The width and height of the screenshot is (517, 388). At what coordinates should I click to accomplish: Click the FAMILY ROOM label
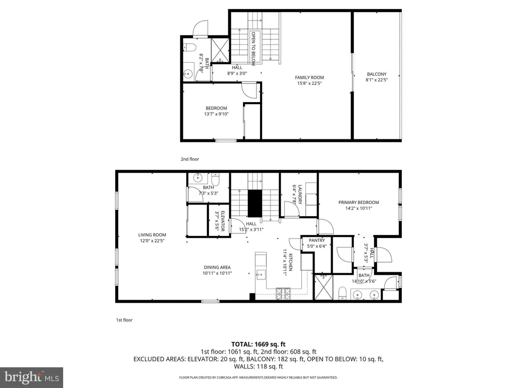click(x=309, y=77)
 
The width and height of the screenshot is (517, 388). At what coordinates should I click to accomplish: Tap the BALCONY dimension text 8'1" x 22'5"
click(x=377, y=80)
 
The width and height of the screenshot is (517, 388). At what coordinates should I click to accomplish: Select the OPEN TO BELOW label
click(x=253, y=48)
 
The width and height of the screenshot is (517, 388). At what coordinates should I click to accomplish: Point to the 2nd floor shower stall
click(x=220, y=50)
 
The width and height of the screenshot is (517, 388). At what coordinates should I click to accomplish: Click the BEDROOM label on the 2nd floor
click(x=216, y=108)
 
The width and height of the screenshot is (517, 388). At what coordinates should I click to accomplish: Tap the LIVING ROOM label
click(x=152, y=235)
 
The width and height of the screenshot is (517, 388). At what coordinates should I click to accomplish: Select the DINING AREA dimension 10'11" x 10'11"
click(x=217, y=273)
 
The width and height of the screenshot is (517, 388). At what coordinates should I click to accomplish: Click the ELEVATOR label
click(x=223, y=221)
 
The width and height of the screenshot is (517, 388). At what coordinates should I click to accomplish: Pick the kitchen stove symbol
click(x=283, y=294)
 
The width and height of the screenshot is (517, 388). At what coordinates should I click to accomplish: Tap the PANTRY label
click(x=317, y=240)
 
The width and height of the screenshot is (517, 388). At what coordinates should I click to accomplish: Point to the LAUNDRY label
click(x=300, y=195)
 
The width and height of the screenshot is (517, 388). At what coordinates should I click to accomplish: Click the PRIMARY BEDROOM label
click(x=359, y=203)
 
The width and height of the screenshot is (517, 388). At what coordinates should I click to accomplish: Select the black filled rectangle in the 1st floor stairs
click(x=255, y=204)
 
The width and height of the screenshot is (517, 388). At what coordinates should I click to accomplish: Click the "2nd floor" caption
click(x=190, y=159)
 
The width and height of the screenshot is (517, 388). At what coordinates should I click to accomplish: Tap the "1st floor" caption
click(x=124, y=320)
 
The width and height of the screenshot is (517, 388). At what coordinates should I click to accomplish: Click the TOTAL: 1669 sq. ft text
click(x=258, y=345)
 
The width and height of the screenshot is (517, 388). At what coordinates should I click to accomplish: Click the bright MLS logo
click(x=32, y=377)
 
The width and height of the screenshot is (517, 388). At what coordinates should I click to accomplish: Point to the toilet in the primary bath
click(x=343, y=294)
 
